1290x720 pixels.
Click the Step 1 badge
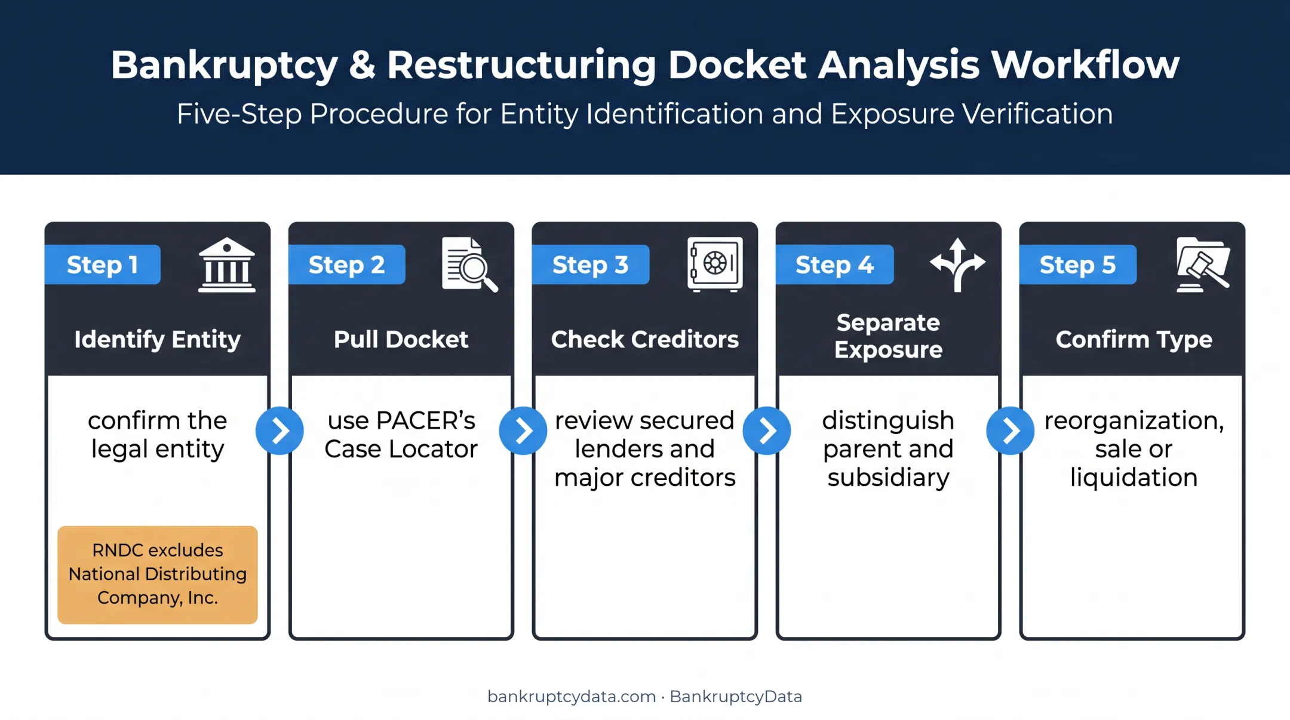tap(103, 264)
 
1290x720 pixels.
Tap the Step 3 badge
tap(590, 264)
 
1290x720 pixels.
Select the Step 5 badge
tap(1077, 264)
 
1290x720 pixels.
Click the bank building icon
tap(227, 264)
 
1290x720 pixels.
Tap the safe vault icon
tap(715, 264)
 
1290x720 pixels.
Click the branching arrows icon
tap(957, 264)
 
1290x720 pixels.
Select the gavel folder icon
tap(1203, 264)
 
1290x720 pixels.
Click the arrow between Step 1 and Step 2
tap(279, 430)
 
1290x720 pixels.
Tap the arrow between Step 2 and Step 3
tap(523, 430)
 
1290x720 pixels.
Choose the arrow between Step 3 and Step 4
tap(767, 430)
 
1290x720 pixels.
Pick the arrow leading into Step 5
tap(1010, 430)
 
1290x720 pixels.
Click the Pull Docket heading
tap(401, 339)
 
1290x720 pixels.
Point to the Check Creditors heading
tap(645, 339)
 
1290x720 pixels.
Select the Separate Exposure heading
tap(888, 336)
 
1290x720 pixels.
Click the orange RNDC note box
tap(158, 575)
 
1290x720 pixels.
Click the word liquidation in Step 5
tap(1134, 478)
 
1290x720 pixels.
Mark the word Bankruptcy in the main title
tap(224, 65)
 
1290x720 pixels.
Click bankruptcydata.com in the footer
tap(572, 697)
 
